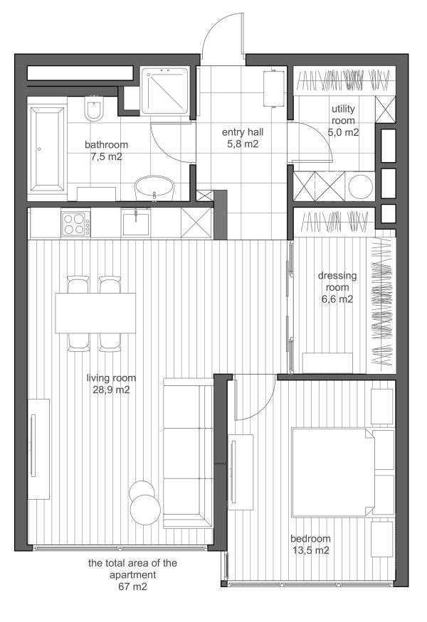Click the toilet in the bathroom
click(94, 109)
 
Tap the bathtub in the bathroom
click(47, 149)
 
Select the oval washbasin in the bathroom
click(154, 188)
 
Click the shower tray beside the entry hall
click(165, 90)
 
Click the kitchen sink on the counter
click(135, 224)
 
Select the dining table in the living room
click(95, 313)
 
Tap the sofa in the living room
click(189, 453)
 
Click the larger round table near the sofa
click(145, 510)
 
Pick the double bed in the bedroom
click(333, 472)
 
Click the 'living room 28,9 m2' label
click(111, 384)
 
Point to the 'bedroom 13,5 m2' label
click(310, 545)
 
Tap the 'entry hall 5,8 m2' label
click(243, 138)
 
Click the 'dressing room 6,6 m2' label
click(337, 287)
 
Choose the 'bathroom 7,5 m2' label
click(107, 150)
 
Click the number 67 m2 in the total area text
click(132, 586)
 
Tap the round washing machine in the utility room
click(360, 186)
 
